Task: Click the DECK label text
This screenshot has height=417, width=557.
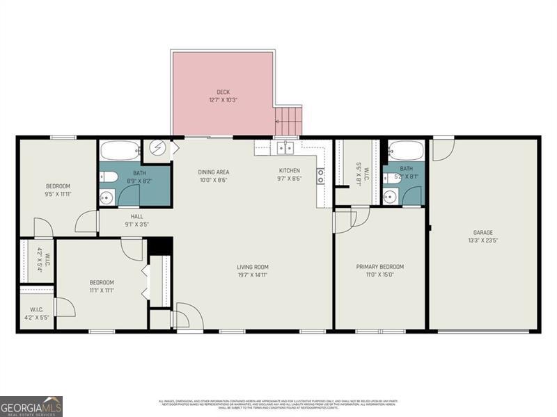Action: point(223,92)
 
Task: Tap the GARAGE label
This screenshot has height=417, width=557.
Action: point(483,233)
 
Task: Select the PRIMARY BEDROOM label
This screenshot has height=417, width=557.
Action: point(379,267)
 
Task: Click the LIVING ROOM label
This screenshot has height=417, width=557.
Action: point(252,267)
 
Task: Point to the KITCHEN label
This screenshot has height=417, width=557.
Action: point(290,171)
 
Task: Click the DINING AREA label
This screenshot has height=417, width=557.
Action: point(213,172)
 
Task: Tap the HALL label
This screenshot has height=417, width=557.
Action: point(136,216)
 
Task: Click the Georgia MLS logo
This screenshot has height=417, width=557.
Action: point(31,406)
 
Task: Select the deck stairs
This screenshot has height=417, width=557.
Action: point(290,121)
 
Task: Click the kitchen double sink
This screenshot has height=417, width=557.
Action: point(285,147)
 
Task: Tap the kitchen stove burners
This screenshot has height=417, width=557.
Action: point(321,176)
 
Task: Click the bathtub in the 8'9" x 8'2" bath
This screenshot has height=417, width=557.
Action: point(120,150)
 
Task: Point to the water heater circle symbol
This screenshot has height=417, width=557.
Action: point(157,149)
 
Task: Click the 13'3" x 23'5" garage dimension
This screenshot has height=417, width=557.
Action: point(483,241)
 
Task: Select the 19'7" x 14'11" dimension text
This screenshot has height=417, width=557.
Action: point(252,275)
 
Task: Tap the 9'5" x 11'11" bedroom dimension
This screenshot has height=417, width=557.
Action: point(58,195)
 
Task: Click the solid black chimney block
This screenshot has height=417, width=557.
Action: point(160,246)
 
